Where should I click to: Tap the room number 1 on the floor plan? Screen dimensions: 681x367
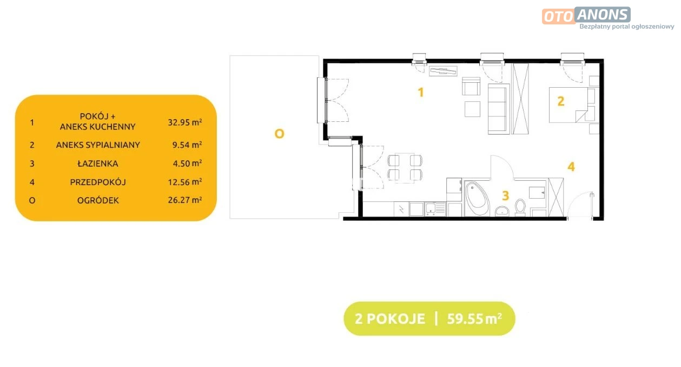coord(421,92)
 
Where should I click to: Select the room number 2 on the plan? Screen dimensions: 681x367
coord(561,101)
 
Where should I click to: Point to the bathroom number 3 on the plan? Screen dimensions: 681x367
coord(505,195)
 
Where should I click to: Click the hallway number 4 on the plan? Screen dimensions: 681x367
coord(571,167)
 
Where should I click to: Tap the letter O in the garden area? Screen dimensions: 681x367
coord(279,134)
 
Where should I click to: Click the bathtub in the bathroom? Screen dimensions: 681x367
coord(477,199)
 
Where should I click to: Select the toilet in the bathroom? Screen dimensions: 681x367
coord(520,207)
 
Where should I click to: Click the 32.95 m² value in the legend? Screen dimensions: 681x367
coord(185,122)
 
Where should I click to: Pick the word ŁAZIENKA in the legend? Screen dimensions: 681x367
coord(97,163)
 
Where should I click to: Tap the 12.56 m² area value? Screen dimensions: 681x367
coord(185,182)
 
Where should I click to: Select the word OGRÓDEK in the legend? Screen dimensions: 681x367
coord(98,200)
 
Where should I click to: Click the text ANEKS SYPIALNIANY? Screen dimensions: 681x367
coord(98,145)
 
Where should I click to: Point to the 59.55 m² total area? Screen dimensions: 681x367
coord(474,319)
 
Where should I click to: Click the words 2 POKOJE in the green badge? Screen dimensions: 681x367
coord(390,319)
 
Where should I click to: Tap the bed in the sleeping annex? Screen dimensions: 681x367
coord(568,105)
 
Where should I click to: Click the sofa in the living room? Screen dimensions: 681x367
coord(499,109)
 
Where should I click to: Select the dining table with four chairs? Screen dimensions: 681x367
coord(405,168)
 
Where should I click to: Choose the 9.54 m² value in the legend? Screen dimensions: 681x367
coord(187,145)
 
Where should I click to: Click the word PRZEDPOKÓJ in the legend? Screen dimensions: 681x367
coord(98,182)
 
